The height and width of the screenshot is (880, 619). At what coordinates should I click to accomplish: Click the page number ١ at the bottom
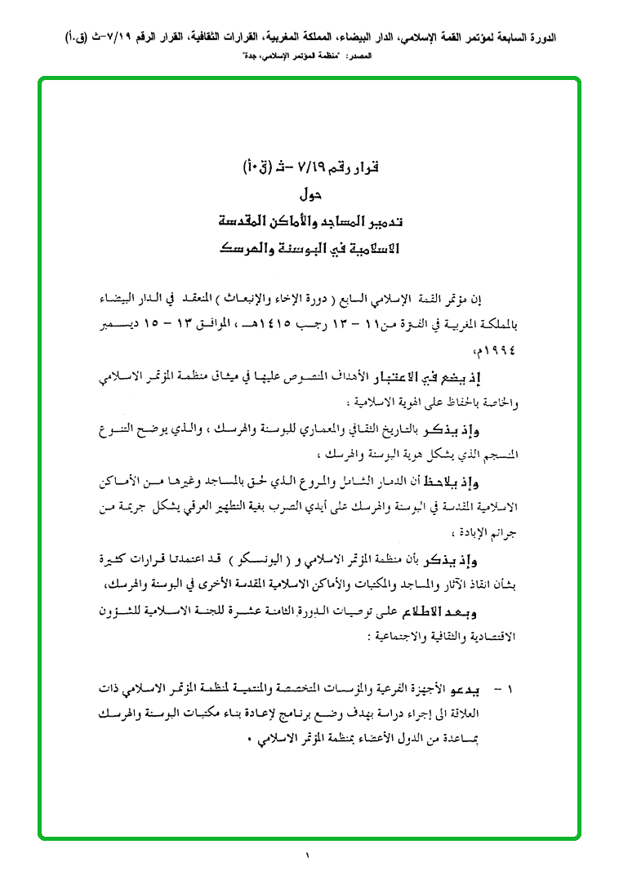(309, 856)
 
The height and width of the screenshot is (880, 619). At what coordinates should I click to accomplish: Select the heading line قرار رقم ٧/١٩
(307, 170)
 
